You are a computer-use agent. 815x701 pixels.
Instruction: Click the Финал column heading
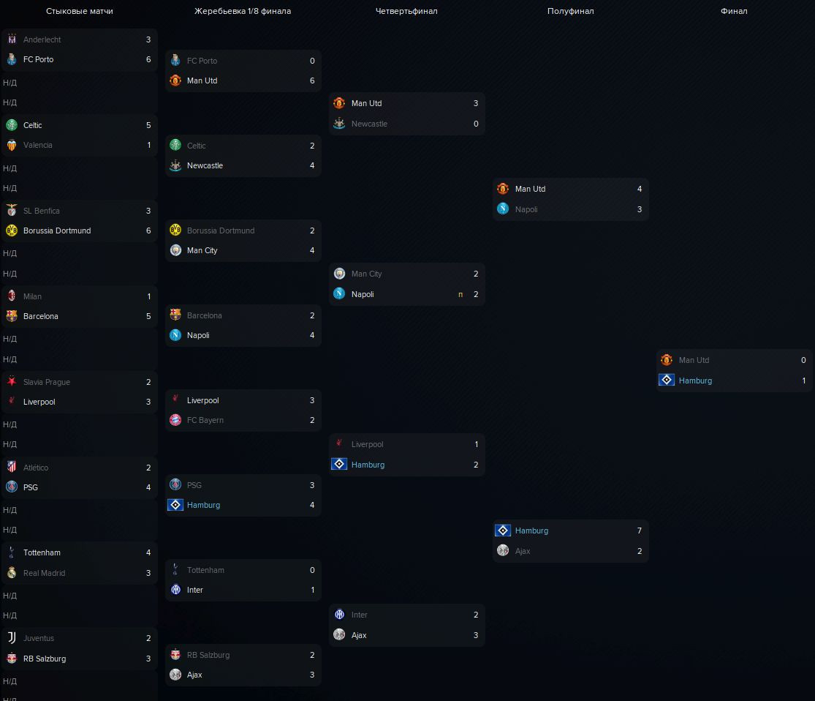(x=733, y=11)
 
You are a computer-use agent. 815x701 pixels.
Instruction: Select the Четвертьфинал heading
(x=406, y=11)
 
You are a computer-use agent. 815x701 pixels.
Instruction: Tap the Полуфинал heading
(x=570, y=11)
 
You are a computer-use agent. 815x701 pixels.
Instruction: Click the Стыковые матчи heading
(x=80, y=11)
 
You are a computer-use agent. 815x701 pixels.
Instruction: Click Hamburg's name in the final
(x=695, y=381)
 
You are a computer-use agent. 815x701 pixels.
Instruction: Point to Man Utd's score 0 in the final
(x=803, y=360)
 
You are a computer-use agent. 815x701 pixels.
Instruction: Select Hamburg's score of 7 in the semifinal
(x=640, y=531)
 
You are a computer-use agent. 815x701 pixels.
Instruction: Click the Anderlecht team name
(x=42, y=40)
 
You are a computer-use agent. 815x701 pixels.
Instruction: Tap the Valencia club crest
(x=12, y=145)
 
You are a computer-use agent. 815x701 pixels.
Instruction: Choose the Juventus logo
(x=12, y=638)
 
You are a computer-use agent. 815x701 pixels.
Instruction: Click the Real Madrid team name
(x=44, y=573)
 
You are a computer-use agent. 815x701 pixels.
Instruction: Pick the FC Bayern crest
(x=175, y=420)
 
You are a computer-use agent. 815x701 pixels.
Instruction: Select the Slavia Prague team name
(x=47, y=382)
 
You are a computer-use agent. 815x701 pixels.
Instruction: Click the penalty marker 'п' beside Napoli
(x=460, y=294)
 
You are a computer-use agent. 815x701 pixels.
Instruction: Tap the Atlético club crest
(x=12, y=468)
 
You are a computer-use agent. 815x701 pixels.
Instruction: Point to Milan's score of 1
(x=148, y=296)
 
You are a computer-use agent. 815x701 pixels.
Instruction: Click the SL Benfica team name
(x=42, y=211)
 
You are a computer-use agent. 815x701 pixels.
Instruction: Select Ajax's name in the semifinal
(x=523, y=551)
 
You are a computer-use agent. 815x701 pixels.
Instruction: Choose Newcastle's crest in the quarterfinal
(x=339, y=124)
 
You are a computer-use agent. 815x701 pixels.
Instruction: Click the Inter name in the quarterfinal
(x=360, y=615)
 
